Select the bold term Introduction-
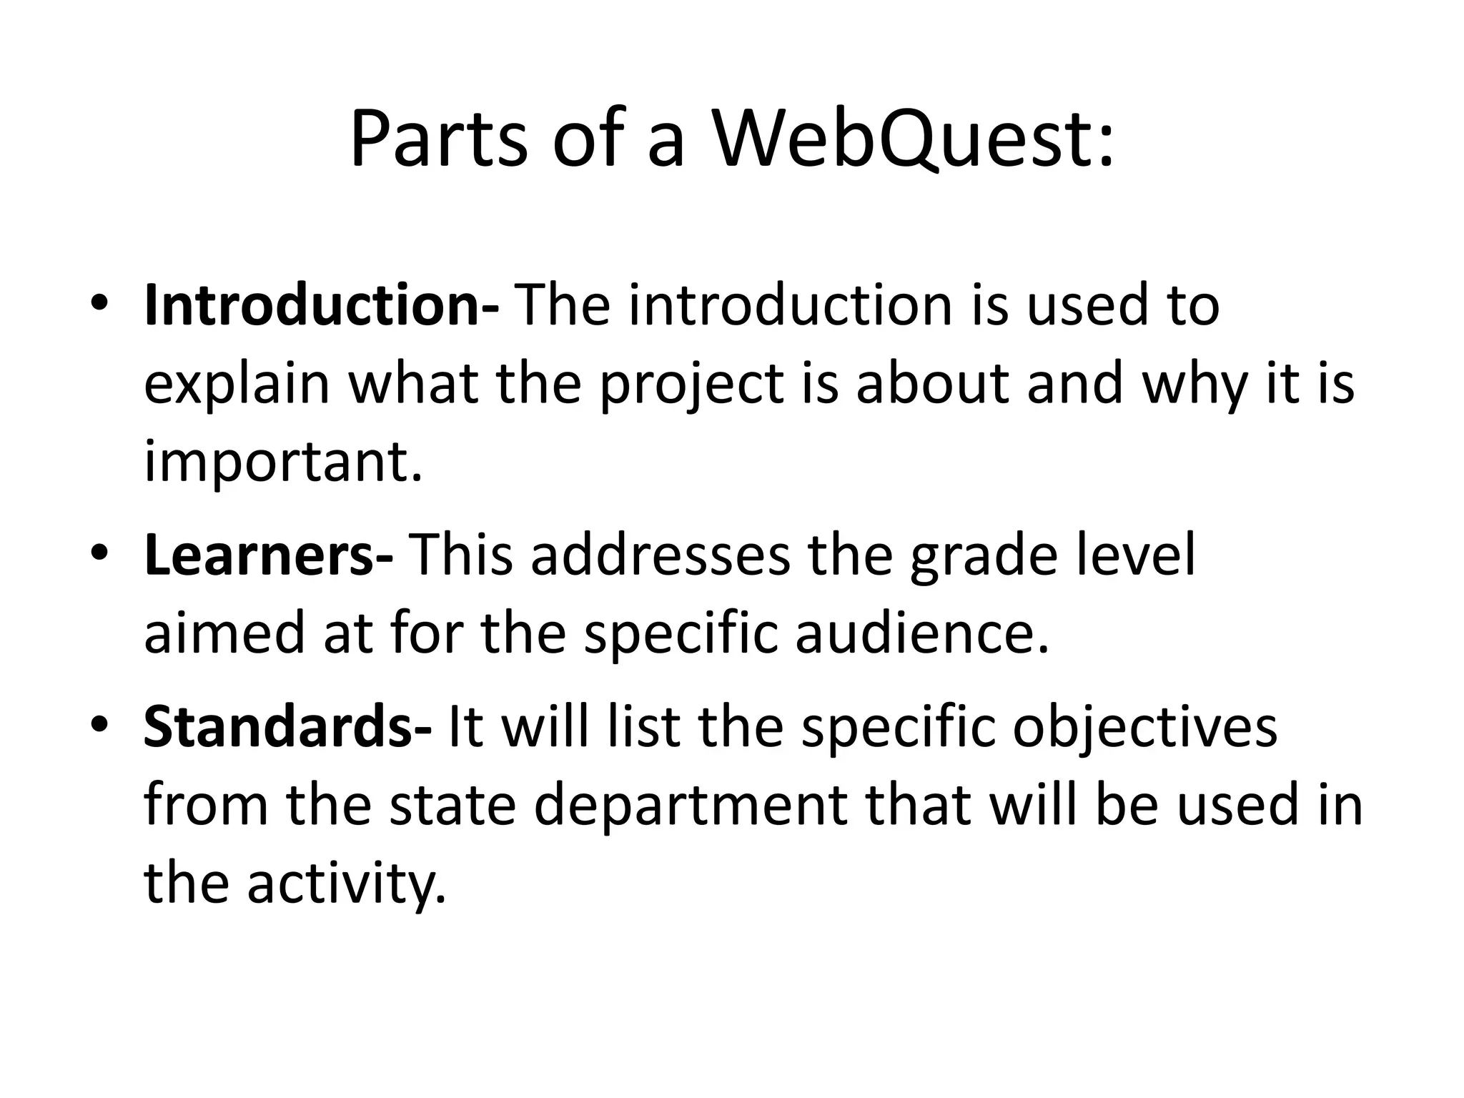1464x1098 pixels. click(x=322, y=305)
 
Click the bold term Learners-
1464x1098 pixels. click(x=269, y=555)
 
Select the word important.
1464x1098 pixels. click(x=283, y=463)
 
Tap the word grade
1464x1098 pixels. click(x=983, y=555)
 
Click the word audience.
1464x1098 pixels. click(x=922, y=634)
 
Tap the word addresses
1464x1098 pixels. click(x=661, y=555)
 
